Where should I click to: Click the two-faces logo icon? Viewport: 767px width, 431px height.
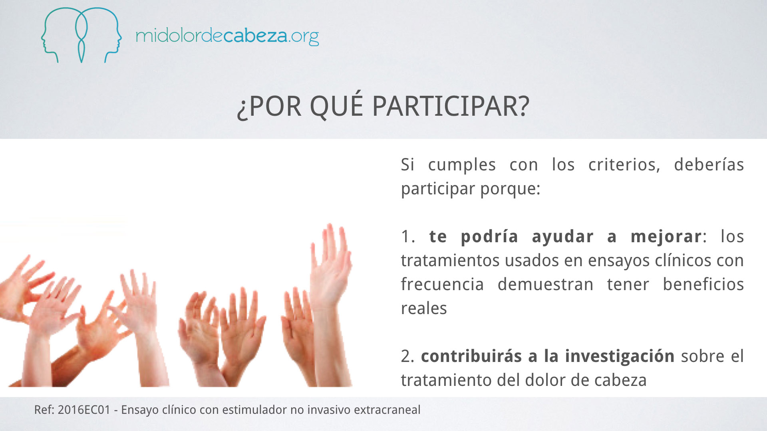(x=81, y=35)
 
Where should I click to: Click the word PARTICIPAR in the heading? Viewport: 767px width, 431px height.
(x=451, y=106)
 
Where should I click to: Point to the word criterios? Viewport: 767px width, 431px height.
(x=624, y=164)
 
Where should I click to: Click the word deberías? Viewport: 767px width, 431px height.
(x=709, y=164)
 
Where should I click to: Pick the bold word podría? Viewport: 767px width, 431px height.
(x=489, y=236)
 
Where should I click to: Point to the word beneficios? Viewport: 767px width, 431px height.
(x=703, y=284)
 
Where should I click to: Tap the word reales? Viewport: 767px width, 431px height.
(x=424, y=308)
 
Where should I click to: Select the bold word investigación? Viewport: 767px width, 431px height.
(x=620, y=356)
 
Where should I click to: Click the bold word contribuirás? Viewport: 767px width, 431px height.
(x=471, y=356)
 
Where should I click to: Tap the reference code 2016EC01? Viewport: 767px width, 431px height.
(x=84, y=410)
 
